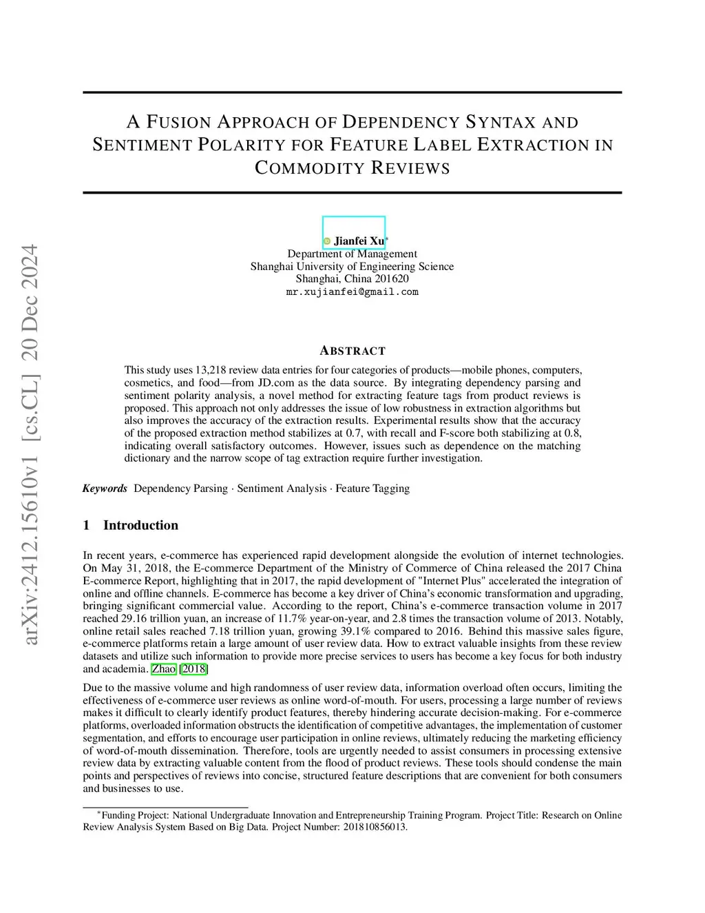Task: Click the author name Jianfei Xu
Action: [359, 241]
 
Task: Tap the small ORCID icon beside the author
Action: [327, 241]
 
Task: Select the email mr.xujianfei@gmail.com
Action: [352, 291]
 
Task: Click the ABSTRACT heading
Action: [352, 351]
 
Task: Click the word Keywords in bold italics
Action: [105, 489]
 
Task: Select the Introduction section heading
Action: [140, 525]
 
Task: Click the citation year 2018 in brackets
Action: [194, 669]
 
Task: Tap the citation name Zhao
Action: [164, 669]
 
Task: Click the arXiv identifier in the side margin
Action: [31, 444]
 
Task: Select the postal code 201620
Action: [392, 279]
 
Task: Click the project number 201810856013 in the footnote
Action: [375, 827]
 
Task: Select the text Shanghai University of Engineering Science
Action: [352, 267]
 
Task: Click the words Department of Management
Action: [352, 254]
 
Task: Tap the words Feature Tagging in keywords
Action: [372, 489]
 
